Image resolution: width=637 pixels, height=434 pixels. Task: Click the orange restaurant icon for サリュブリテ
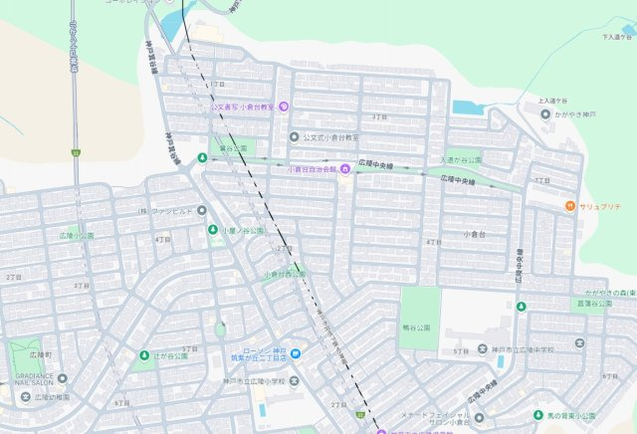[x=568, y=206]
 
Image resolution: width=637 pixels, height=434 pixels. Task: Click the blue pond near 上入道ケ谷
[x=466, y=107]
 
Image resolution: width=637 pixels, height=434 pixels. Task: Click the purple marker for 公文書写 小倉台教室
[x=284, y=107]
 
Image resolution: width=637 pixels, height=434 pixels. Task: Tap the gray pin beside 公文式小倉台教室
[x=294, y=136]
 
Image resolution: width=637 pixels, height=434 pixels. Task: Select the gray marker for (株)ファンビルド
[x=201, y=210]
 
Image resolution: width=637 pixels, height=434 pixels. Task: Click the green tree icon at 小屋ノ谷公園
[x=213, y=230]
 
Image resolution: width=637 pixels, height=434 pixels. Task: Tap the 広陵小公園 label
[x=76, y=236]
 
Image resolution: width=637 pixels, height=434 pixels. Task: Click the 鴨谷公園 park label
[x=419, y=325]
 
